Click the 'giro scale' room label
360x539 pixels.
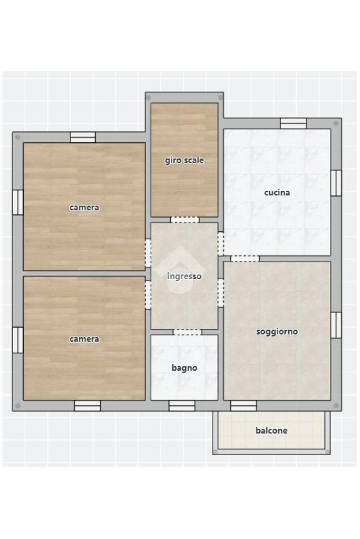pyautogui.click(x=184, y=160)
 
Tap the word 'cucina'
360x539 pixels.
pyautogui.click(x=277, y=192)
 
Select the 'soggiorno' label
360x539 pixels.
pyautogui.click(x=277, y=332)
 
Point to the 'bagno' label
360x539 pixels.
pyautogui.click(x=184, y=368)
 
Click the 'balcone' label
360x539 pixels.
pyautogui.click(x=271, y=430)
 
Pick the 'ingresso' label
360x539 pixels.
pyautogui.click(x=184, y=277)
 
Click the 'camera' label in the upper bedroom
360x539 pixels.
pyautogui.click(x=84, y=208)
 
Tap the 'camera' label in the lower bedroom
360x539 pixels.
pyautogui.click(x=84, y=339)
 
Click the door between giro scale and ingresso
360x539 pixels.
pyautogui.click(x=185, y=220)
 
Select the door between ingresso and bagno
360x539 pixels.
pyautogui.click(x=187, y=332)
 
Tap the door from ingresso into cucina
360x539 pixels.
pyautogui.click(x=221, y=244)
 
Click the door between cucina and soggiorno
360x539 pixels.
pyautogui.click(x=245, y=259)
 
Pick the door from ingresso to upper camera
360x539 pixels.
pyautogui.click(x=148, y=253)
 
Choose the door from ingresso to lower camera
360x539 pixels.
pyautogui.click(x=148, y=295)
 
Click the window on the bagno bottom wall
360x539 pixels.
pyautogui.click(x=182, y=406)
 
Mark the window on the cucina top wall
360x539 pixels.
pyautogui.click(x=293, y=123)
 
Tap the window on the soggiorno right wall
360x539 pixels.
pyautogui.click(x=336, y=325)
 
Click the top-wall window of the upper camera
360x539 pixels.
pyautogui.click(x=83, y=137)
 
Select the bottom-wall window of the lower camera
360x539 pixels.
pyautogui.click(x=87, y=406)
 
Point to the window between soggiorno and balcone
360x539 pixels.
pyautogui.click(x=244, y=406)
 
